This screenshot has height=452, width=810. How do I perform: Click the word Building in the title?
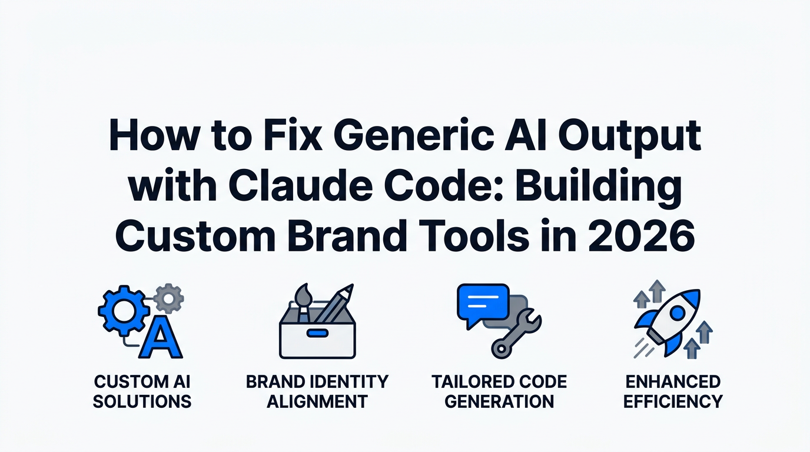click(x=598, y=191)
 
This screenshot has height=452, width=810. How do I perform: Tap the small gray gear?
click(x=168, y=298)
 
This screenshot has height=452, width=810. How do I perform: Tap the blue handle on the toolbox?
click(x=317, y=333)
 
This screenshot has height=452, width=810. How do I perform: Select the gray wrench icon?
click(x=516, y=334)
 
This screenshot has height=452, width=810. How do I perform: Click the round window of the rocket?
click(x=678, y=313)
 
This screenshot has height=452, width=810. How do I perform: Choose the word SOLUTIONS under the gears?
click(x=142, y=401)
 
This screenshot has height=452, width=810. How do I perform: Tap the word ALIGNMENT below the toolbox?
click(x=317, y=401)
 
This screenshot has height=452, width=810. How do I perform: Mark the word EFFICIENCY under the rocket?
click(x=673, y=401)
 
